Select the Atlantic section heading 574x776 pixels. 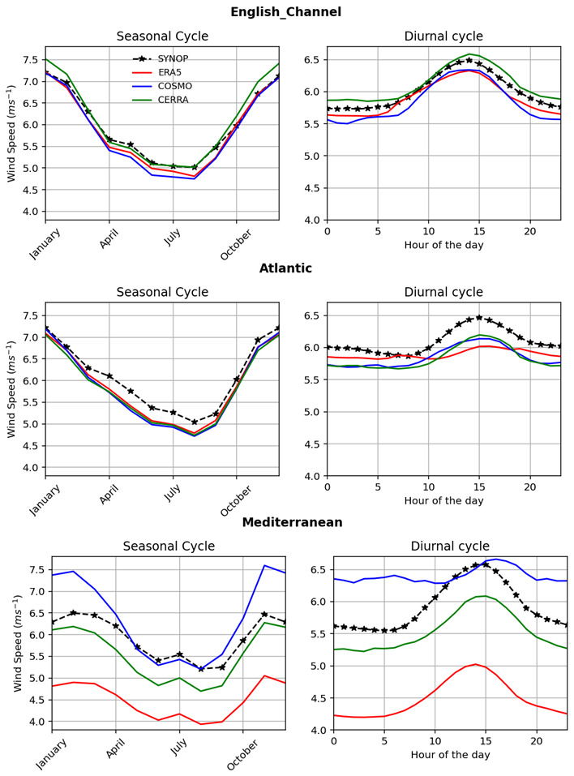click(285, 268)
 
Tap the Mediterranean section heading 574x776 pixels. click(292, 522)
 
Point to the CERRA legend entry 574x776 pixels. click(173, 100)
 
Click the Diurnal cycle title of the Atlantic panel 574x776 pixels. click(443, 292)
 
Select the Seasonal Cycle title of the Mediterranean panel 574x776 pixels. click(169, 547)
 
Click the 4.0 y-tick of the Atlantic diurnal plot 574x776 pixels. click(311, 476)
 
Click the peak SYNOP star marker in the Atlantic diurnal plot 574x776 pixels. click(479, 318)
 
